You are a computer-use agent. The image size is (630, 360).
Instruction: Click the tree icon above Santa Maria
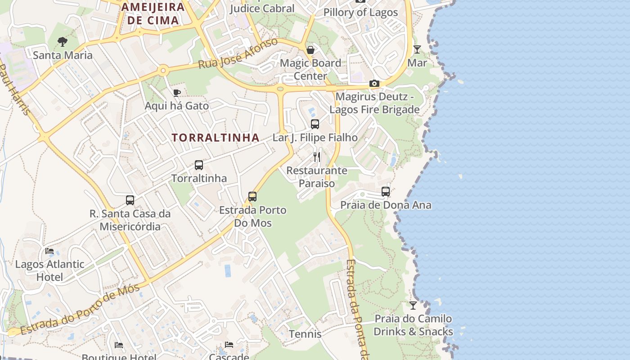click(63, 42)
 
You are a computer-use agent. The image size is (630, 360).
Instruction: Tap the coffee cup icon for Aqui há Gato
click(177, 93)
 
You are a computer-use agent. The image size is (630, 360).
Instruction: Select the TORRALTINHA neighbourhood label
click(216, 138)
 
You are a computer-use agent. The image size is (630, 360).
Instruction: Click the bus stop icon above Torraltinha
click(199, 165)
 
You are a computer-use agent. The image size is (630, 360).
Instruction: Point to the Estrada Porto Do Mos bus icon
click(252, 197)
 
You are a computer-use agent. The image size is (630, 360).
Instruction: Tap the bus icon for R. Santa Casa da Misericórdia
click(130, 200)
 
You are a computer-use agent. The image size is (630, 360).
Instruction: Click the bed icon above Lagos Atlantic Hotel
click(49, 251)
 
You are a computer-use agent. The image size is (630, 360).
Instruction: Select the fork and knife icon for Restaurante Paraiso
click(317, 157)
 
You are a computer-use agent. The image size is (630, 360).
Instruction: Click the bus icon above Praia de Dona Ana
click(386, 192)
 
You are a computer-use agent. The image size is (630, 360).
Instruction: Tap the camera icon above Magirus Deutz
click(374, 83)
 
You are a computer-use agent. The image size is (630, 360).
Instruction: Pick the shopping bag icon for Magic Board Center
click(310, 49)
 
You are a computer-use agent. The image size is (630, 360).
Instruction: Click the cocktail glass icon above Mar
click(417, 49)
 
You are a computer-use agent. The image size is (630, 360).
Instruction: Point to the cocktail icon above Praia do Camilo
click(413, 306)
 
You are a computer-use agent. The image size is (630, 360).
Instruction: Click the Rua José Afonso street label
click(238, 54)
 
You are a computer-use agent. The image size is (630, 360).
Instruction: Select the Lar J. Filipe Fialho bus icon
click(315, 124)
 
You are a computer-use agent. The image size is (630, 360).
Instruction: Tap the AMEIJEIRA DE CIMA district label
click(153, 13)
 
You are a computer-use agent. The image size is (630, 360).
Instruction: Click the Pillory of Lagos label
click(360, 12)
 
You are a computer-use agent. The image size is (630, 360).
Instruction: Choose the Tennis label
click(305, 334)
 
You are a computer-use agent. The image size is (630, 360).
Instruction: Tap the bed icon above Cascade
click(229, 345)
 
